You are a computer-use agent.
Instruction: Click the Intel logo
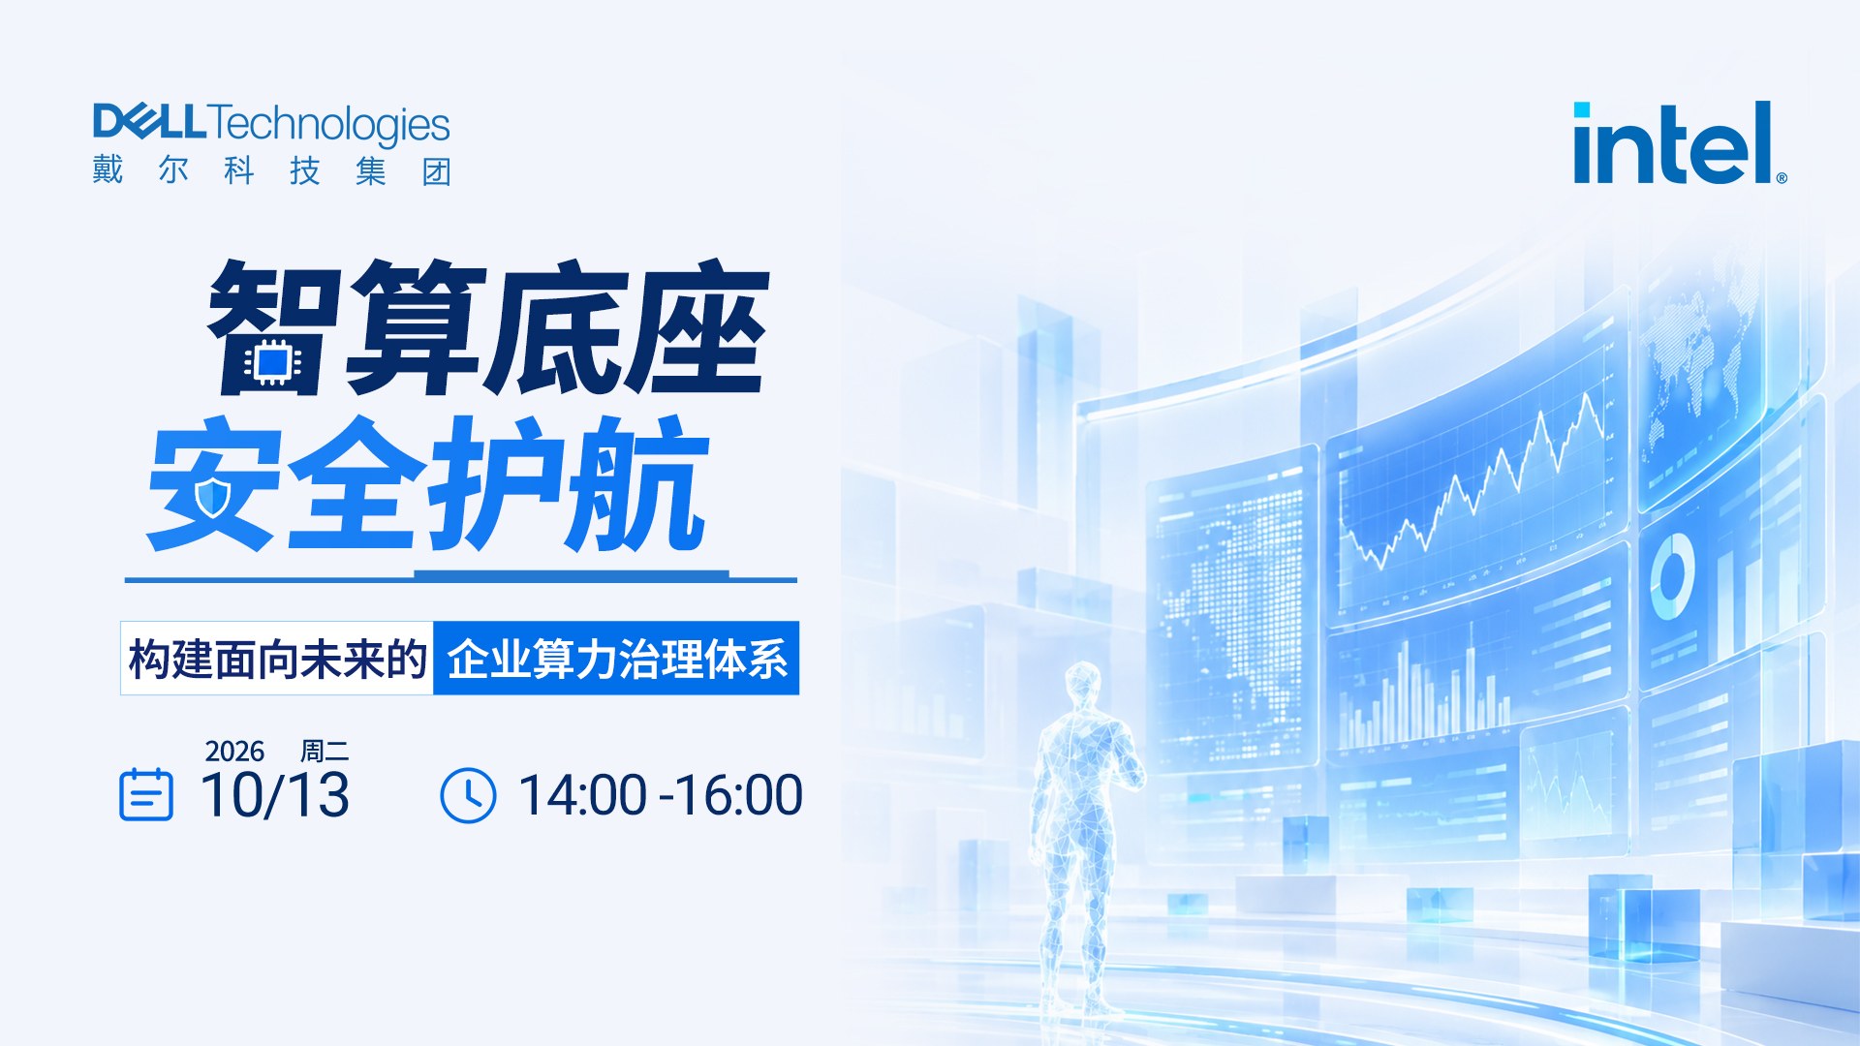click(x=1680, y=142)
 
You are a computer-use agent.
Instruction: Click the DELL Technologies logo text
click(x=271, y=124)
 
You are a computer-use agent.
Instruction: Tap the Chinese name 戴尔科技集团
click(x=272, y=170)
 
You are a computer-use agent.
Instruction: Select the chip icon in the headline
click(x=273, y=362)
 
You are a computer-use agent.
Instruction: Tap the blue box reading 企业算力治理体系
click(x=616, y=659)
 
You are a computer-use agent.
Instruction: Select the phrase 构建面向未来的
click(x=278, y=660)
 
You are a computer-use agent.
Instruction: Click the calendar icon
click(x=146, y=794)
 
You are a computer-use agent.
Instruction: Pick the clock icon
click(x=468, y=795)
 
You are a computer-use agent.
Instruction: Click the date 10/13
click(x=275, y=795)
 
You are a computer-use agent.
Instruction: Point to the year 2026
click(x=234, y=752)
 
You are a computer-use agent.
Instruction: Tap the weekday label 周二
click(x=325, y=752)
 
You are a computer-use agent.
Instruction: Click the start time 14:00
click(x=583, y=795)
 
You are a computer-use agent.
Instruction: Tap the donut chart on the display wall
click(x=1672, y=575)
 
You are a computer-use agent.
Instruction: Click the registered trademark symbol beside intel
click(x=1782, y=178)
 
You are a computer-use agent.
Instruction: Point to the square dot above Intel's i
click(x=1582, y=109)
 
